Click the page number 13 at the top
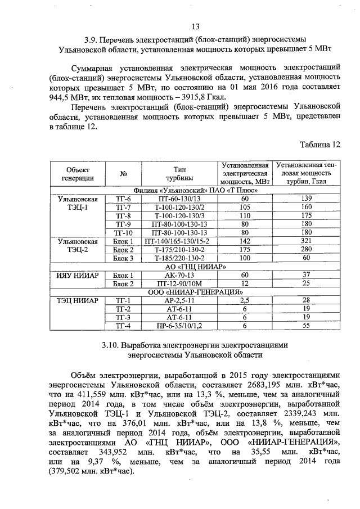(x=196, y=26)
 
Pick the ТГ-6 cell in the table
(x=123, y=199)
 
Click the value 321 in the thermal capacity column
(x=307, y=241)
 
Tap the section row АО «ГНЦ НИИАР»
(x=196, y=267)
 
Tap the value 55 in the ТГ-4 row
(x=307, y=326)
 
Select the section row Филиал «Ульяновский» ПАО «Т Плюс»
(x=196, y=190)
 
